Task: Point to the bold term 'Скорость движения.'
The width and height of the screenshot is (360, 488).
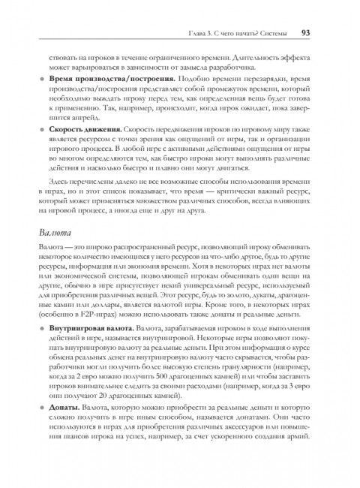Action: tap(84, 130)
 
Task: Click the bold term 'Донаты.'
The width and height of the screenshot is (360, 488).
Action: tap(66, 426)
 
